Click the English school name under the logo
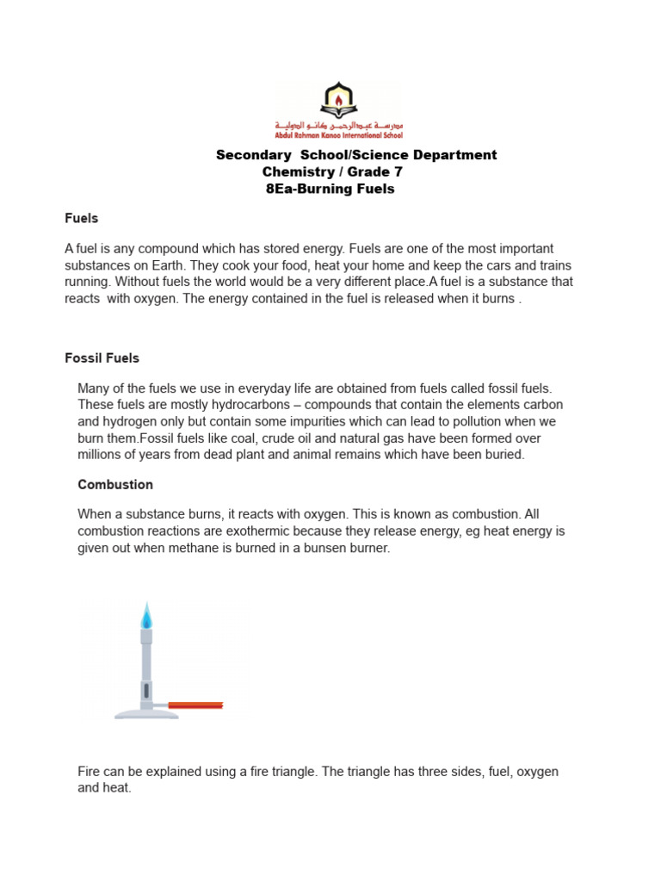(x=337, y=135)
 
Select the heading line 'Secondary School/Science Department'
(x=355, y=155)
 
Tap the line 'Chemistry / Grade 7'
(x=332, y=172)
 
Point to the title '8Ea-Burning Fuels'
(x=331, y=189)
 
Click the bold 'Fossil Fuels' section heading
(x=102, y=357)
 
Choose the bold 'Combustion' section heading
(x=115, y=485)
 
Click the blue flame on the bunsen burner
(x=146, y=615)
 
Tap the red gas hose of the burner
(x=195, y=705)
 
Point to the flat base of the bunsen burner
(x=146, y=713)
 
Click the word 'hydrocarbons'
(x=238, y=405)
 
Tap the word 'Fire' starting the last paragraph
(x=90, y=772)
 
